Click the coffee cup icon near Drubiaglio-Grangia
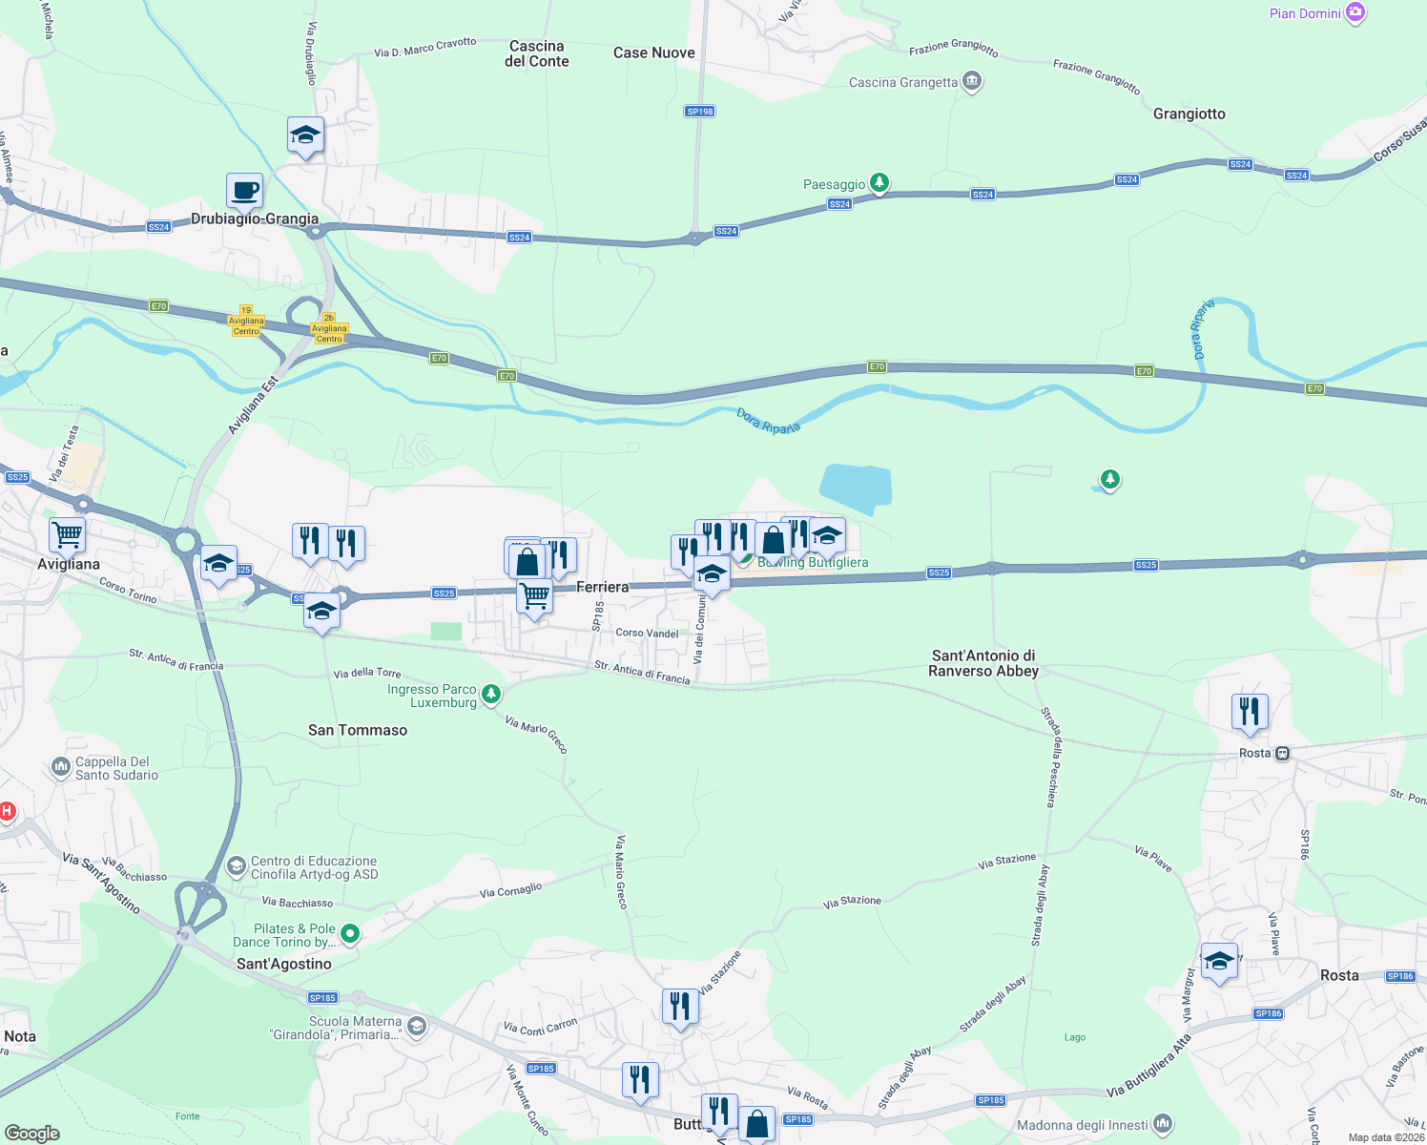point(244,190)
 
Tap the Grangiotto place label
point(1189,114)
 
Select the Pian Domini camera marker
point(1355,13)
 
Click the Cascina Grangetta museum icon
point(972,82)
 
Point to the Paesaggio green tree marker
point(879,183)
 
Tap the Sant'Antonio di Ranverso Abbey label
point(983,662)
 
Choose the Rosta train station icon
point(1283,753)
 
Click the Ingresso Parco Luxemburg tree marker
point(491,694)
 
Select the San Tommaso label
point(358,730)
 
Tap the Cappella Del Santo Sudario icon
point(61,767)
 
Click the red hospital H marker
point(7,811)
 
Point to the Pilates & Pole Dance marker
point(350,933)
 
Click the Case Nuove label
point(654,52)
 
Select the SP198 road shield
point(700,112)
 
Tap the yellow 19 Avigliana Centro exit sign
point(246,321)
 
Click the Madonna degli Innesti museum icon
point(1163,1124)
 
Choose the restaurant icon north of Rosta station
point(1249,711)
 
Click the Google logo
point(32,1133)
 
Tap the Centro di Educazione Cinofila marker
point(237,866)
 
